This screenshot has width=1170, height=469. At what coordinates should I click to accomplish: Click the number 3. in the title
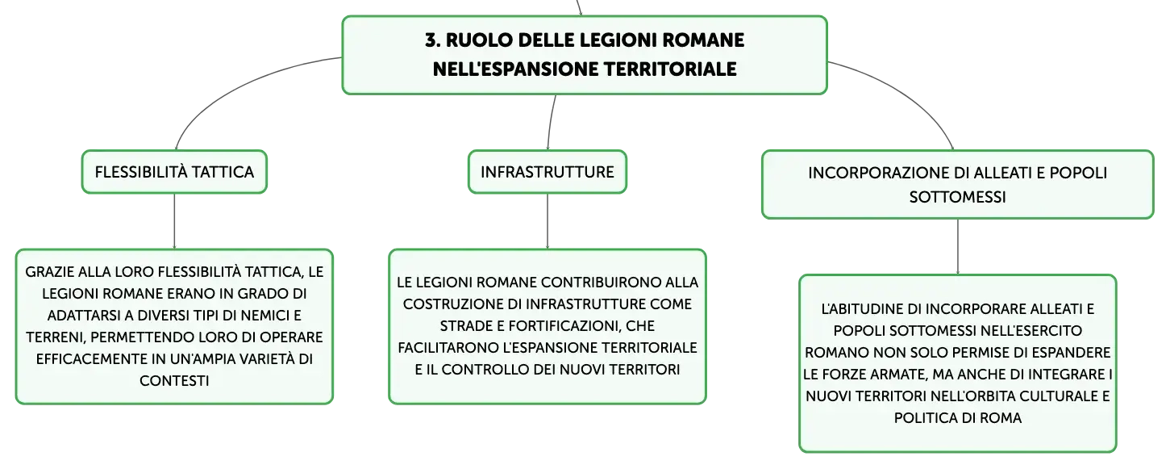pyautogui.click(x=432, y=40)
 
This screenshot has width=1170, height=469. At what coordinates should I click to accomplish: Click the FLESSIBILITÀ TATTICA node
pyautogui.click(x=174, y=172)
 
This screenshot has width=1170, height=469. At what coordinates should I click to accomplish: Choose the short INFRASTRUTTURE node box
pyautogui.click(x=548, y=172)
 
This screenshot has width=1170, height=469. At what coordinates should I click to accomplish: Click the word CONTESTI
pyautogui.click(x=174, y=381)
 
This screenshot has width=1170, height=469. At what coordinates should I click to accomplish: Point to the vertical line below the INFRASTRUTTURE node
pyautogui.click(x=548, y=221)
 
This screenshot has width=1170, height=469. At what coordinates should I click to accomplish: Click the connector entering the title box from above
pyautogui.click(x=579, y=7)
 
